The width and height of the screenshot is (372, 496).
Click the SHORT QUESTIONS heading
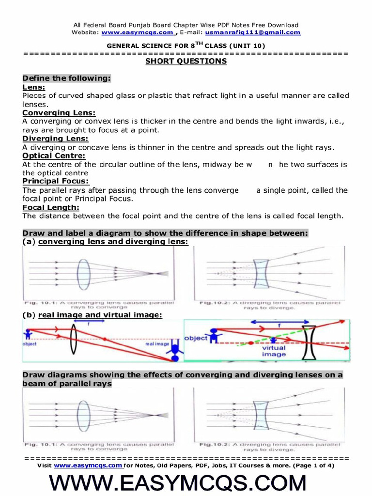[x=186, y=61]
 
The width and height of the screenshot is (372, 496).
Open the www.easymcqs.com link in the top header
[x=138, y=32]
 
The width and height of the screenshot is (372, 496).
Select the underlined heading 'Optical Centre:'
[x=54, y=155]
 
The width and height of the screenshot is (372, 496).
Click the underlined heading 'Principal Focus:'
[x=56, y=181]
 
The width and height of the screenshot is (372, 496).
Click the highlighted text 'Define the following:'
[x=67, y=78]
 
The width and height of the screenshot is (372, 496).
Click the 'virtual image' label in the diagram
[x=274, y=351]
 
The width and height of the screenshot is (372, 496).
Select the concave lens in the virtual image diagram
[x=309, y=343]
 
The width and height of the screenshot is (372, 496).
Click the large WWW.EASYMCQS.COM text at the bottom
[x=186, y=483]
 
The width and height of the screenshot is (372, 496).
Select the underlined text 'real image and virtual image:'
[x=100, y=315]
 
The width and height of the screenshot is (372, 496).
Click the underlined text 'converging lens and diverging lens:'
[x=113, y=241]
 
